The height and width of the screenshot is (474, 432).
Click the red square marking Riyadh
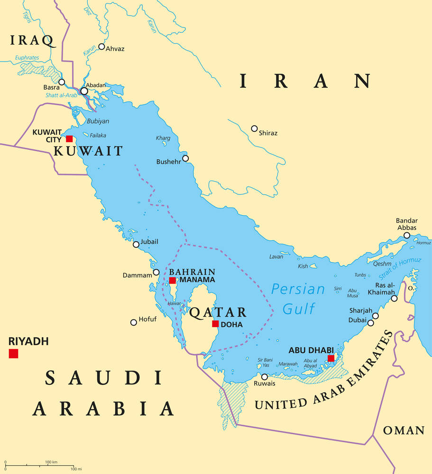[13, 354]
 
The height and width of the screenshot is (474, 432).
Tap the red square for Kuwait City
[70, 139]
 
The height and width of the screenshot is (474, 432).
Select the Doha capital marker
[215, 324]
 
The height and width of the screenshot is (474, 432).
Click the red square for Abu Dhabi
[331, 358]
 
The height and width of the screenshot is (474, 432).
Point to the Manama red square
[173, 281]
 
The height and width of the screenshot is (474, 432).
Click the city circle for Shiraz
[254, 128]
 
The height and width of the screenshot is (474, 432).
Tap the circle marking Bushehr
[185, 158]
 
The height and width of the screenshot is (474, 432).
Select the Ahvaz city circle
[101, 46]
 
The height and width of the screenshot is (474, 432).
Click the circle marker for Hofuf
[134, 322]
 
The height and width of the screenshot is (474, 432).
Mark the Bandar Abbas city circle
[407, 235]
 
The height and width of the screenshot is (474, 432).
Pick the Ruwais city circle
[265, 377]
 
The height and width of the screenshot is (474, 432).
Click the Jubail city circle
[136, 245]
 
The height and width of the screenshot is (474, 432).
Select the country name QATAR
[218, 312]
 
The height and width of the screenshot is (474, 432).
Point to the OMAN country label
[404, 430]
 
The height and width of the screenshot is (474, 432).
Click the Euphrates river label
[27, 57]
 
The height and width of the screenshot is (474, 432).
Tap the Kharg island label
[163, 138]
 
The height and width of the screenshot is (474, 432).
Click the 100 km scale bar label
[51, 462]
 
